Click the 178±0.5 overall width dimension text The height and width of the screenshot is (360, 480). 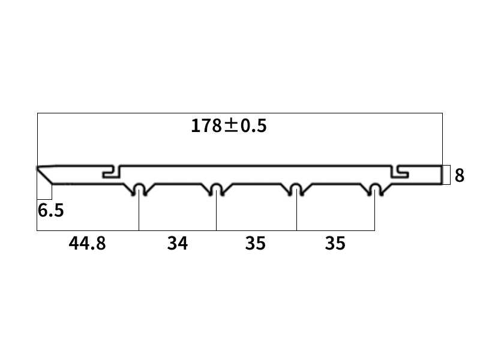coord(228,126)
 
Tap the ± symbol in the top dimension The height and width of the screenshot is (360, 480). coord(232,126)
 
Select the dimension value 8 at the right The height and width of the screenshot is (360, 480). coord(459,176)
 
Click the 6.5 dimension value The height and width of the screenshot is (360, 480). coord(50,211)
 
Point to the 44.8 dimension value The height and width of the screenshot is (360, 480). coord(87,244)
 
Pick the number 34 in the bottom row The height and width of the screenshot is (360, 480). coord(178,244)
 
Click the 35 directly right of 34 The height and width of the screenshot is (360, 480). coord(255,244)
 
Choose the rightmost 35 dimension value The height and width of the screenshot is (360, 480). coord(335,244)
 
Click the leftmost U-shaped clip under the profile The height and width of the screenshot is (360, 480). coord(139,190)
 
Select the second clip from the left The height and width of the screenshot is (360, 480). coord(216,190)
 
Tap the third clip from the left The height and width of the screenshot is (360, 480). coord(296,190)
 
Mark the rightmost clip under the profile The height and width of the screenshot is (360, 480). coord(375,190)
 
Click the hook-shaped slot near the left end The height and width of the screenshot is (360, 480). coord(112,172)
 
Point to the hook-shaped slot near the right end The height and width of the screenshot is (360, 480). coord(400,172)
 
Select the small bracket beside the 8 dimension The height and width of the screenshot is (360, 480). coord(446,175)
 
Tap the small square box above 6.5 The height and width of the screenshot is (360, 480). coord(44,191)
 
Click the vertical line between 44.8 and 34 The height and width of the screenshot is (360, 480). coord(139,213)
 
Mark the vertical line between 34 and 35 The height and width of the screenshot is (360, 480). coord(216,213)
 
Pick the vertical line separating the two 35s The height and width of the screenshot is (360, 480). coord(296,213)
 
